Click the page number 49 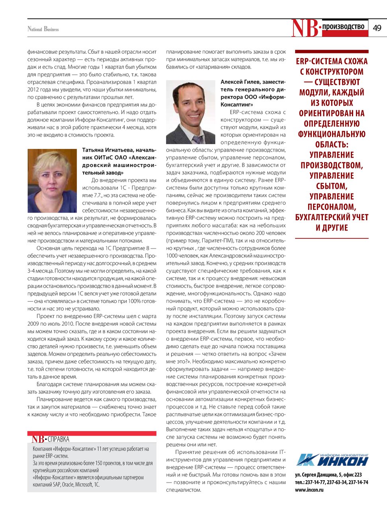pyautogui.click(x=377, y=28)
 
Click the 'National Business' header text pyautogui.click(x=43, y=29)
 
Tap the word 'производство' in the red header pyautogui.click(x=343, y=27)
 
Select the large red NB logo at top pyautogui.click(x=305, y=28)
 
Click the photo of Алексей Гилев pyautogui.click(x=191, y=112)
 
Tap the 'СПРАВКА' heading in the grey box pyautogui.click(x=59, y=439)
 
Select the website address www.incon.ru pyautogui.click(x=309, y=490)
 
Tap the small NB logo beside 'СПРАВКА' pyautogui.click(x=38, y=439)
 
